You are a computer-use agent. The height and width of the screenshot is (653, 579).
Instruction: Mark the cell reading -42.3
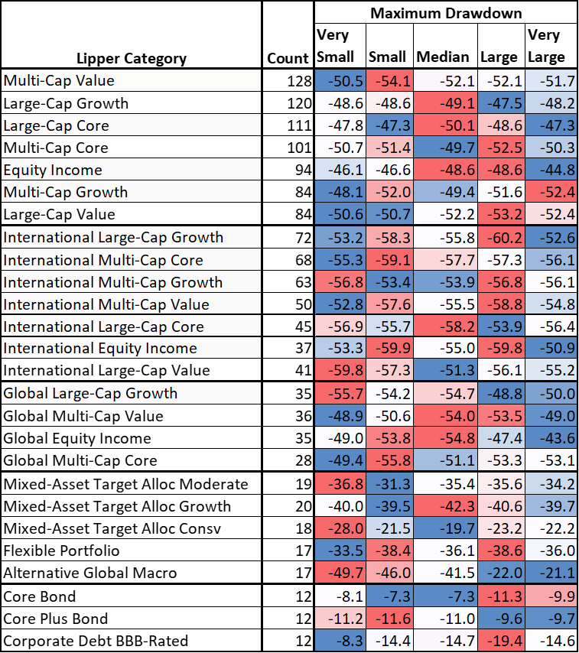(x=446, y=506)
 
